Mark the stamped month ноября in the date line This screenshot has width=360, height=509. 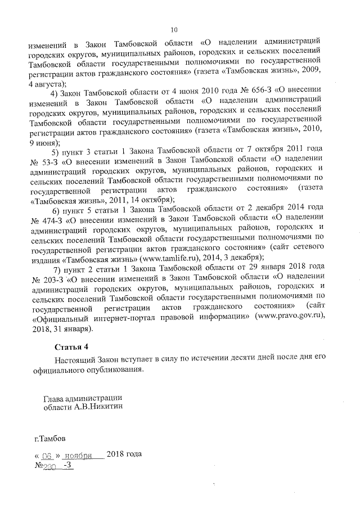(78, 456)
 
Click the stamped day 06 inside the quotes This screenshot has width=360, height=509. (46, 456)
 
